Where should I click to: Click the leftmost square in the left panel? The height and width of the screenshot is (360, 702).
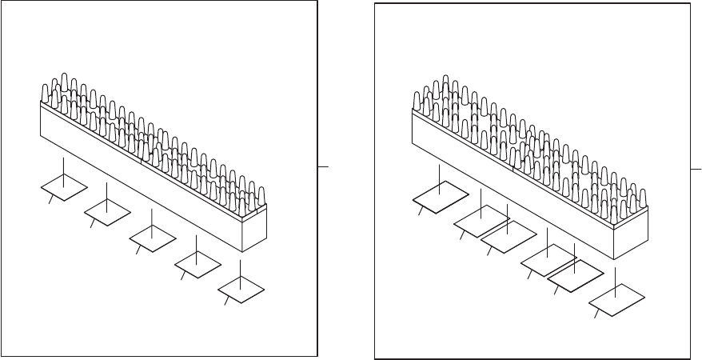pyautogui.click(x=64, y=189)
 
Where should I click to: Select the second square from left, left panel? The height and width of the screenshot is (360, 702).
pyautogui.click(x=107, y=211)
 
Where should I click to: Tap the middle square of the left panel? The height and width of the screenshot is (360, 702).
pyautogui.click(x=152, y=237)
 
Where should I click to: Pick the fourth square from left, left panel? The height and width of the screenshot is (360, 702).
pyautogui.click(x=197, y=260)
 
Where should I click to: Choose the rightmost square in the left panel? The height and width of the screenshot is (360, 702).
pyautogui.click(x=241, y=288)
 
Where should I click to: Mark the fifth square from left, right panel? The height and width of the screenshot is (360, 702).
pyautogui.click(x=575, y=275)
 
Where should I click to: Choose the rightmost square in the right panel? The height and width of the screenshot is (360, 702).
pyautogui.click(x=616, y=298)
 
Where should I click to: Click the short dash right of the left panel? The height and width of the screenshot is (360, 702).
pyautogui.click(x=323, y=166)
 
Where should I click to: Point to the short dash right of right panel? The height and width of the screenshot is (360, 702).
pyautogui.click(x=696, y=170)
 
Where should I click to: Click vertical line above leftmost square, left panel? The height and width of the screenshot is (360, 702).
pyautogui.click(x=64, y=170)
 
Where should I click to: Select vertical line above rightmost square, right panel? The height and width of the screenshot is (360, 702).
pyautogui.click(x=616, y=280)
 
